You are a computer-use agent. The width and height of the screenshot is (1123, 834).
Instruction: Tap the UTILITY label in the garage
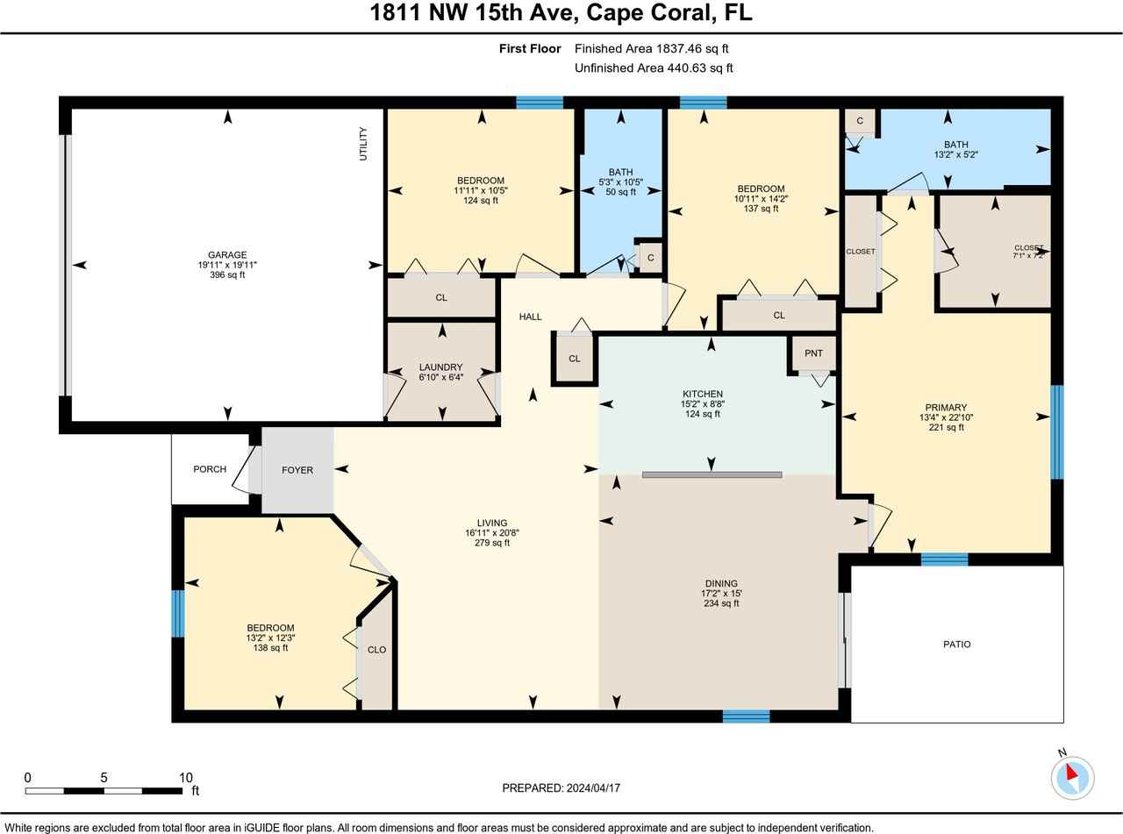pos(363,144)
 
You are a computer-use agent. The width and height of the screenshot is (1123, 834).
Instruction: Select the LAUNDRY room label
pos(440,367)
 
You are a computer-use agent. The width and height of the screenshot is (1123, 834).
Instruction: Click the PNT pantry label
pos(813,353)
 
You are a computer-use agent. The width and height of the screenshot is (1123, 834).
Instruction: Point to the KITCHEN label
pos(703,394)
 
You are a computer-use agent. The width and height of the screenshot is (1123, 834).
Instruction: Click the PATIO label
pos(956,644)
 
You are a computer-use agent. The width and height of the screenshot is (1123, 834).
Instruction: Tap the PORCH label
pos(210,469)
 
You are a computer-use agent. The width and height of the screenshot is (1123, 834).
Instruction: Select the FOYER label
pos(297,470)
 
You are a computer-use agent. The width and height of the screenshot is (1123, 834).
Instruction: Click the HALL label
pos(530,317)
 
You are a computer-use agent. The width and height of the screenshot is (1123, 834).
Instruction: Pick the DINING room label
pos(721,583)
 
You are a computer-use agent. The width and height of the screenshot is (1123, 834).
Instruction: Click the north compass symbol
pos(1072,776)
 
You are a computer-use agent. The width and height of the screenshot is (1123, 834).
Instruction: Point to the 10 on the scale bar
pos(186,777)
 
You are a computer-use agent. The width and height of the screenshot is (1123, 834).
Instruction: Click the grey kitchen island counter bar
pos(712,474)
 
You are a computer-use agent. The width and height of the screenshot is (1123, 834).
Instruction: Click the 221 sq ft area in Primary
pos(946,428)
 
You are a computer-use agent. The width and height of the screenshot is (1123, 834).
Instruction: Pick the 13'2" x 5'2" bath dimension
pos(956,155)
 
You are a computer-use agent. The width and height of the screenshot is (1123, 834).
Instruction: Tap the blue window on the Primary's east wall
pos(1057,432)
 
